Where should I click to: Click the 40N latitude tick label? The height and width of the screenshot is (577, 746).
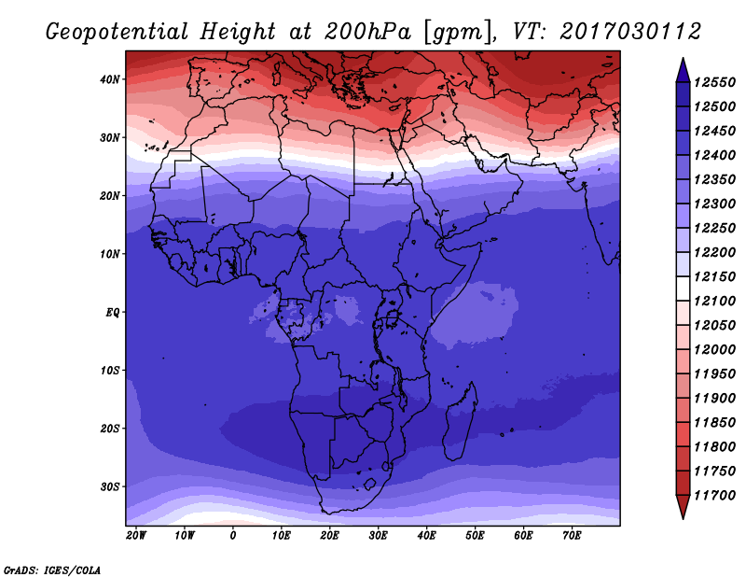point(110,79)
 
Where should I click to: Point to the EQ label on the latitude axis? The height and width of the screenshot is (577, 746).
point(113,313)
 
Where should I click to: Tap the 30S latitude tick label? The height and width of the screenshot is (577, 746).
point(110,487)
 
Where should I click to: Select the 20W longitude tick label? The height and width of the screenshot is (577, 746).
point(136,536)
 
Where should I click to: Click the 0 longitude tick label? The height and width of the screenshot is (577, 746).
point(232,536)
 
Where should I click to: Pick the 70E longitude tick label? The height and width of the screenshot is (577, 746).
point(572,536)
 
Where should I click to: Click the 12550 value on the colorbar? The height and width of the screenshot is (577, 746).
point(714,82)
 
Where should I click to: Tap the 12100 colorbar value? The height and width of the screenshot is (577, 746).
point(714,302)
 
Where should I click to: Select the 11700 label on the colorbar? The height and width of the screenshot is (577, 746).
point(714,496)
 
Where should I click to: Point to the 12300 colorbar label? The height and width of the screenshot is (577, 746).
point(714,204)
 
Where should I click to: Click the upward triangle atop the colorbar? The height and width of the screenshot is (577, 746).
point(683,71)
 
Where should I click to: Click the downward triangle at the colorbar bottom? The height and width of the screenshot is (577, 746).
point(683,507)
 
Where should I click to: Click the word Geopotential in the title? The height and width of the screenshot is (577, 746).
point(117,32)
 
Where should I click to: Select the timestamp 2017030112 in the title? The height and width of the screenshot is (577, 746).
point(630,32)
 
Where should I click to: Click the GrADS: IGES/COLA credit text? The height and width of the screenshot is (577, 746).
point(52,570)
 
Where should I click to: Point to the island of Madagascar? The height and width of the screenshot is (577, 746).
point(461,422)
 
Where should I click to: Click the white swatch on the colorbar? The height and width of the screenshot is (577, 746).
point(683,288)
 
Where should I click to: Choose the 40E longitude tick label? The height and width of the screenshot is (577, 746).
point(426,536)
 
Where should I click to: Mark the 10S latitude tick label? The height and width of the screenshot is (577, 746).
point(110,371)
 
